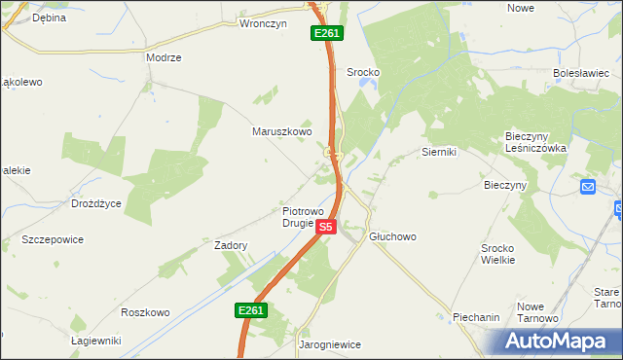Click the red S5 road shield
326,227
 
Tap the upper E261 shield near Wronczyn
326,33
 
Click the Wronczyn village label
264,24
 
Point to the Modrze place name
164,57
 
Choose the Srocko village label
363,72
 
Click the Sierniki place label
439,152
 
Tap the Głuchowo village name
392,236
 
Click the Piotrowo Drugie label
311,216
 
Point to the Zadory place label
231,246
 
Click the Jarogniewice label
329,344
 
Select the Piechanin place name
476,317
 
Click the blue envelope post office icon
588,187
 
